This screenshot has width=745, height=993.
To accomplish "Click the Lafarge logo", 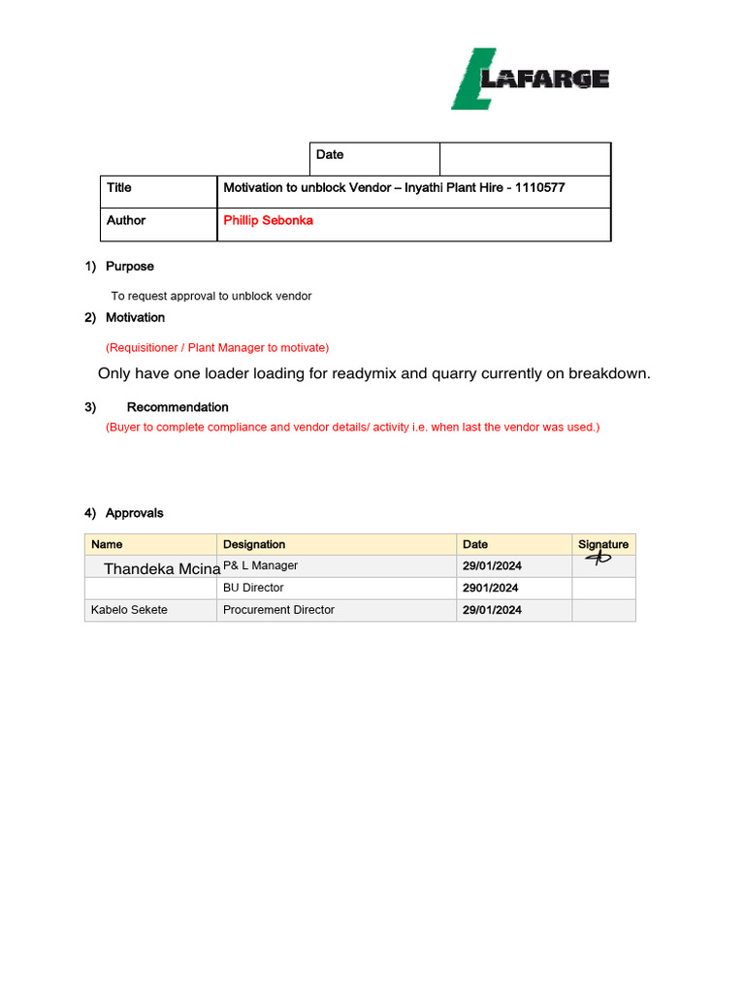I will coord(530,79).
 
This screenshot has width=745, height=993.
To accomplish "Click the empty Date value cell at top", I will coord(525,159).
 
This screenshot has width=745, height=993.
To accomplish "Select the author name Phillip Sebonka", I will coord(268,221).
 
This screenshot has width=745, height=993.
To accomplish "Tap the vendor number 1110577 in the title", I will coord(536,188).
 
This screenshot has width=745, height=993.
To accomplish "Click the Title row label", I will coord(119,188).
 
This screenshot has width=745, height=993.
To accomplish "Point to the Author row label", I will coord(126,221).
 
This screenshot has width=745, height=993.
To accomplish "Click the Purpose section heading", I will coord(129,267).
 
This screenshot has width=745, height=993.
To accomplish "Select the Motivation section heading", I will coord(135,318).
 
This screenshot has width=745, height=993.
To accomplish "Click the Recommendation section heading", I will coord(178,407).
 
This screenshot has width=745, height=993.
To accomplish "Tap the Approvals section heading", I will coord(134,513).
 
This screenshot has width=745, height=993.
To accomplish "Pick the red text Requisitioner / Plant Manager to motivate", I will coord(217,348).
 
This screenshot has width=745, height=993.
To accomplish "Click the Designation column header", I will coord(254,545).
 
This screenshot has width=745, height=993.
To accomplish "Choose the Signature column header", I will coord(602,545).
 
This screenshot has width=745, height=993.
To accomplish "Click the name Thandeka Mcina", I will coord(162,569).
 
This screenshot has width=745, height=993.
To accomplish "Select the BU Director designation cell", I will coord(253,588).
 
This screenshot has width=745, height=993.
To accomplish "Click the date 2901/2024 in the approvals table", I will coord(490,589).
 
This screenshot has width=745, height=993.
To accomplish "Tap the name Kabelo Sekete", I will coord(129,610).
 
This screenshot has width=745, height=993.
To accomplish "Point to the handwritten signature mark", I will coord(599,559).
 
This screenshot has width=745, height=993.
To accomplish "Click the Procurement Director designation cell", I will coord(278,610).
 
